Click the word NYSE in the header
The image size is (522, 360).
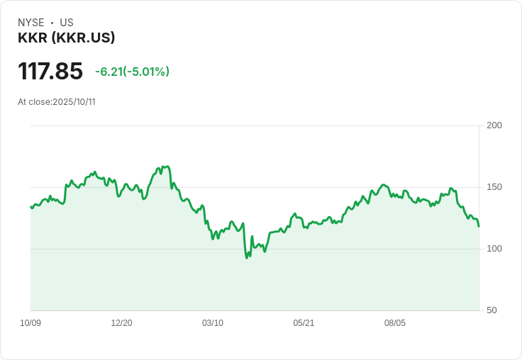point(30,23)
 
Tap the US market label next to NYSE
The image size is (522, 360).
point(67,23)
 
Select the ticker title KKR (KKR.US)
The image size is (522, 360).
point(66,38)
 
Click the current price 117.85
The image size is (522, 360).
point(50,72)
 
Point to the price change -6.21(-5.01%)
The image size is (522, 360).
point(132,72)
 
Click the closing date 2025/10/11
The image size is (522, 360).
point(74,102)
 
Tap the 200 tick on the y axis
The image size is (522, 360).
point(494,125)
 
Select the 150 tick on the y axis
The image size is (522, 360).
point(494,187)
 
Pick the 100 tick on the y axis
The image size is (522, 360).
point(494,249)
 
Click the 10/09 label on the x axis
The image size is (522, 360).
point(30,323)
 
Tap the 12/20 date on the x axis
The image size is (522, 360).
point(121,323)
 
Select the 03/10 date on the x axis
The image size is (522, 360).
point(213,323)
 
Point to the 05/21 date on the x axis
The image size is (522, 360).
point(304,323)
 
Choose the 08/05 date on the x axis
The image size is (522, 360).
point(395,323)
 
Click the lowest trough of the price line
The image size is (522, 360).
point(247,258)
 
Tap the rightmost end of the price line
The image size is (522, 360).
point(479,226)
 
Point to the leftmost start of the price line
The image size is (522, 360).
point(30,207)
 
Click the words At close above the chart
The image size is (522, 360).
point(34,102)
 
